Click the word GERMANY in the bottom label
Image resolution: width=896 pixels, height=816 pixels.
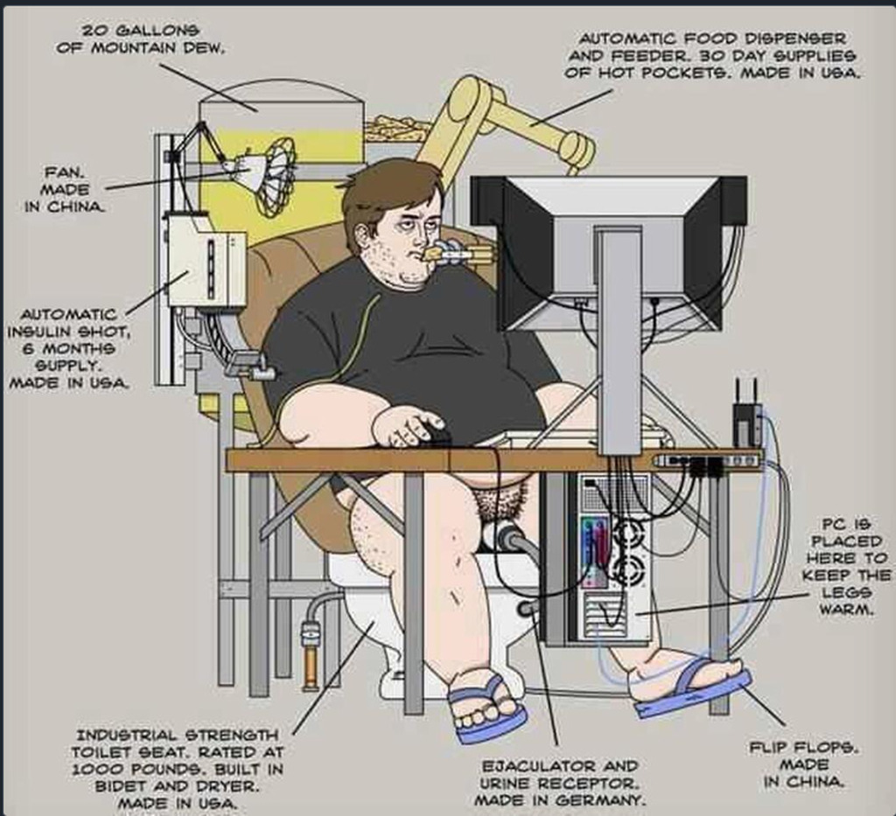tap(600, 799)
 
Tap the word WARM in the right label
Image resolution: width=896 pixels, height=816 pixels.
tap(846, 610)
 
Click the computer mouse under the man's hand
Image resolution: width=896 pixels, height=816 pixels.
tap(437, 436)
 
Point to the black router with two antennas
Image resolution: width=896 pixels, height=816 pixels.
tap(746, 416)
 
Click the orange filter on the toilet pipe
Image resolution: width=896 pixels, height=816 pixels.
tap(311, 652)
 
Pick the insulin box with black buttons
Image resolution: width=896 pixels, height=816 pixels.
tap(206, 261)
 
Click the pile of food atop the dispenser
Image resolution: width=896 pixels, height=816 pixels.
tap(398, 129)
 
